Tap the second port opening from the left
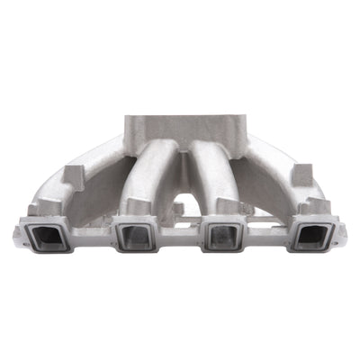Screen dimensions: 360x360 pyautogui.click(x=135, y=238)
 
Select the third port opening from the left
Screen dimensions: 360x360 pyautogui.click(x=222, y=238)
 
